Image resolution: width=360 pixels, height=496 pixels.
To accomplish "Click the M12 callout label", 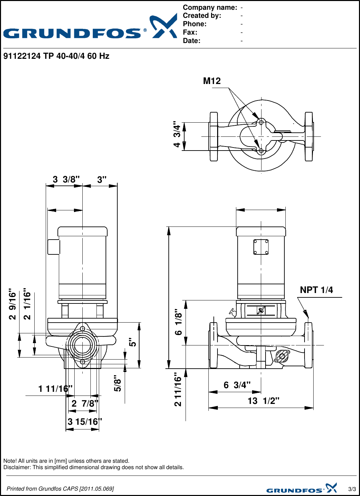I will click(x=212, y=81).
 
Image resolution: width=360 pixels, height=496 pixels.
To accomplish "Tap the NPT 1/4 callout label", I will click(x=316, y=290).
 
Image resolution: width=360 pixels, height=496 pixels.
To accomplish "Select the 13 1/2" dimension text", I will click(x=263, y=401).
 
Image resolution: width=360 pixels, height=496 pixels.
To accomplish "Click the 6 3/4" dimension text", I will click(x=237, y=385).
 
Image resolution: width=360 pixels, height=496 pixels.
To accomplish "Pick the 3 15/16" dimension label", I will click(x=85, y=422).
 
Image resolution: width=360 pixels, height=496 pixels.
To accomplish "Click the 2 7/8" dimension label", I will click(x=85, y=403).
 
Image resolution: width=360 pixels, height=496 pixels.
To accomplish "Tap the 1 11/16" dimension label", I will click(x=55, y=389).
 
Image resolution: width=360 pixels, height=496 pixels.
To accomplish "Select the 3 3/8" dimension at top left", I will click(x=66, y=179).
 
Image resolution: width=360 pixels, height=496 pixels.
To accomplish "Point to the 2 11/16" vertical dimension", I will click(x=178, y=389).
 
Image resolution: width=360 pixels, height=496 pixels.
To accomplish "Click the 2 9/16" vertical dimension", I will click(x=12, y=304).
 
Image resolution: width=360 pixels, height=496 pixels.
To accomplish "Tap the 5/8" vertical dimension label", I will click(x=117, y=383).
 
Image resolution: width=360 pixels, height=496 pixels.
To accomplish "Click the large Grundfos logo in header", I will click(x=90, y=28).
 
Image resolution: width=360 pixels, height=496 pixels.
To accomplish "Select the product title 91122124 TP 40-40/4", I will click(x=56, y=56).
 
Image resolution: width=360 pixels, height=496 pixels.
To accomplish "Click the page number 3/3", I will click(x=352, y=489).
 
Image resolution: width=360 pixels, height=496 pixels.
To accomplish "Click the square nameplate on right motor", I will click(x=261, y=247).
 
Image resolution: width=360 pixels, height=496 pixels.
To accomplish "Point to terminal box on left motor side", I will click(x=53, y=247).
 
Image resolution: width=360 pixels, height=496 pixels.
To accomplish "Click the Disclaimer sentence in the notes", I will click(x=93, y=467).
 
